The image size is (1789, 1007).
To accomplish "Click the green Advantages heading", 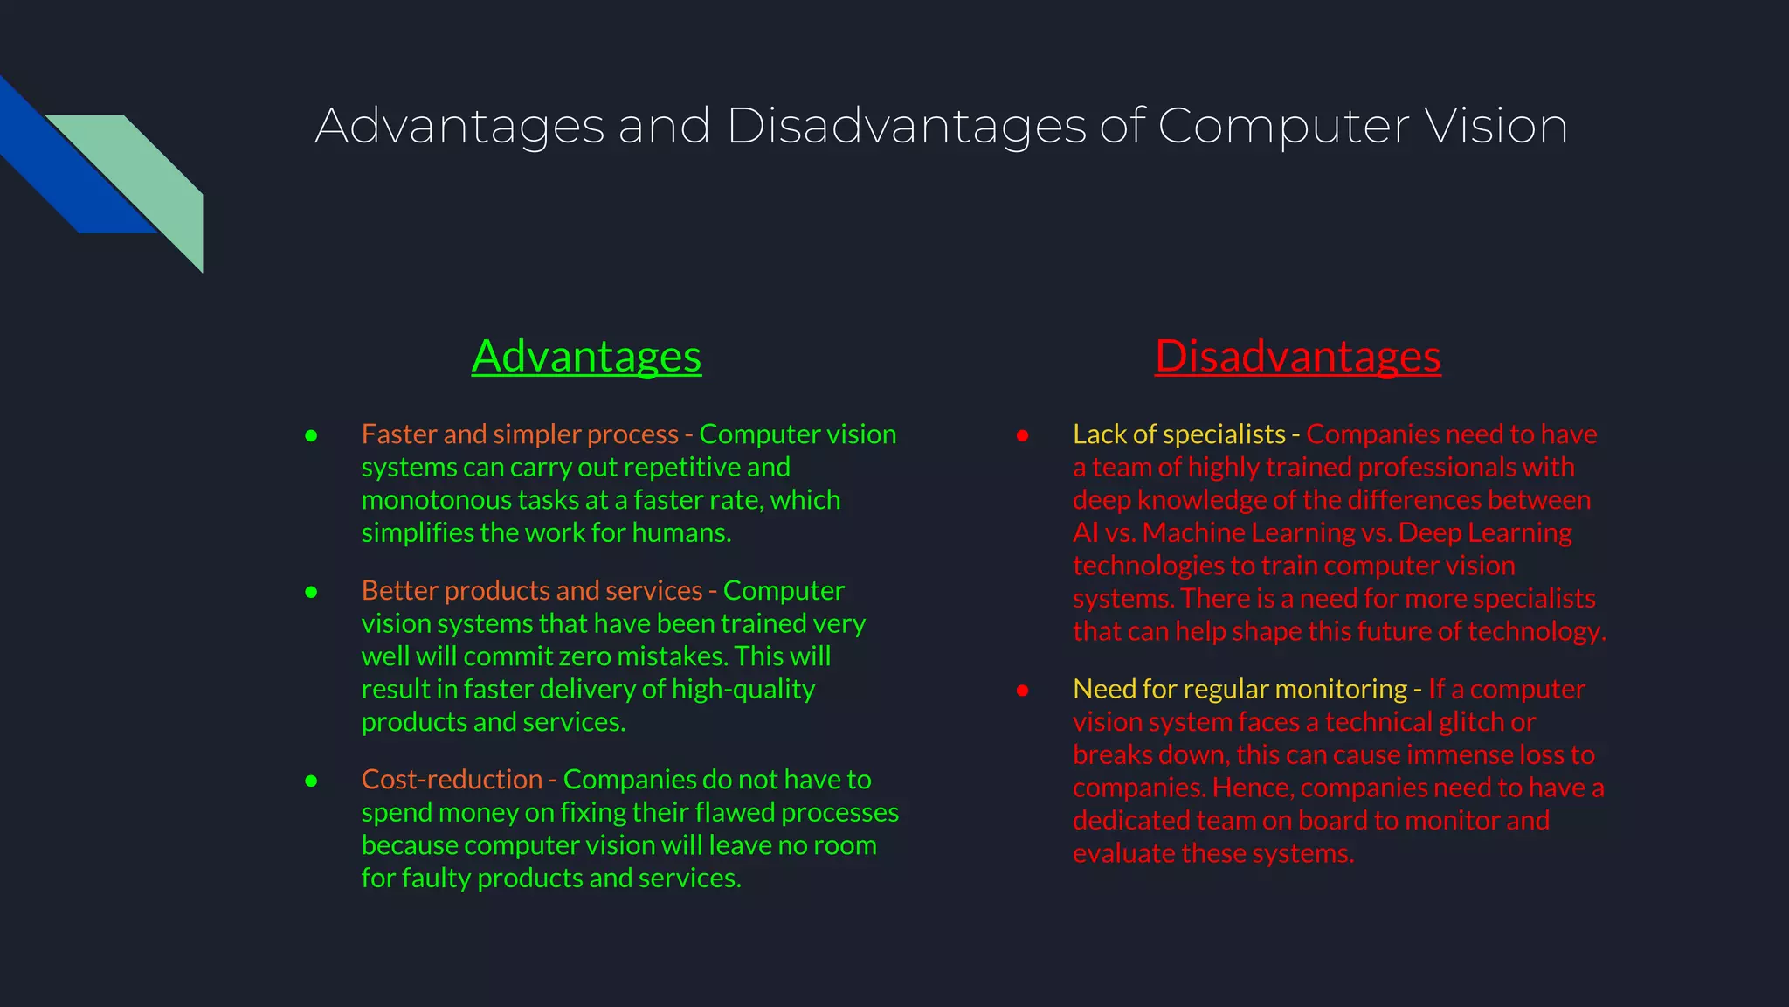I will pos(586,357).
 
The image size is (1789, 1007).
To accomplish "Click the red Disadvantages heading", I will pos(1297,357).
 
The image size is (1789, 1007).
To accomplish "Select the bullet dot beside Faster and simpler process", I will pos(311,435).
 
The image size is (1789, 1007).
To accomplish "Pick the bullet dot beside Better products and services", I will pos(311,592).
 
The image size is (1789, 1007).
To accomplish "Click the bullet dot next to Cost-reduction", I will pos(311,781).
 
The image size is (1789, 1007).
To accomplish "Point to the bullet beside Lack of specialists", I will pos(1022,435).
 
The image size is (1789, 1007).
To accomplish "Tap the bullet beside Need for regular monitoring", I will pos(1022,691).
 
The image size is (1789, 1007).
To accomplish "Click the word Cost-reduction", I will pos(452,779).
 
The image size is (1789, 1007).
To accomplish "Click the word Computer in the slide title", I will pos(1283,126).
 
